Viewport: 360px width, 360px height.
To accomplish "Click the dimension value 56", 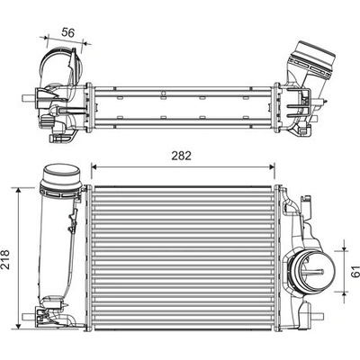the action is coord(67,32).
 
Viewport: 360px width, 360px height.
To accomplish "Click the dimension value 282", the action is coord(181,156).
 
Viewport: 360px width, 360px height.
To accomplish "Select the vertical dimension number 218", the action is coord(5,259).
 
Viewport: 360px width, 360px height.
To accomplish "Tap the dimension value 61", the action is coord(355,271).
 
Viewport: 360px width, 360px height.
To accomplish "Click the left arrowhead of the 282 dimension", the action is coord(94,166).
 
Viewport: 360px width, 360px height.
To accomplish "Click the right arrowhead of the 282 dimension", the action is coord(272,166).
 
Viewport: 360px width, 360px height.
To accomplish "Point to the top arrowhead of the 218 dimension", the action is coord(19,191).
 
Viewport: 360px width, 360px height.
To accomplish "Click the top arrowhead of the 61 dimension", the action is coord(344,247).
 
